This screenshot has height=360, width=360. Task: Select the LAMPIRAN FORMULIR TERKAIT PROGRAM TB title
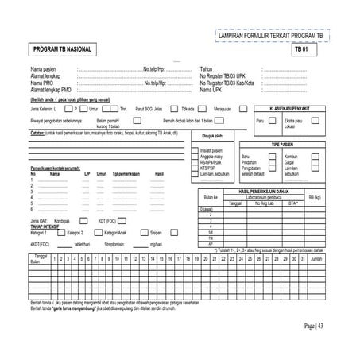270,37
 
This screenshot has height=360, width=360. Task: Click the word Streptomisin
116,244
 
